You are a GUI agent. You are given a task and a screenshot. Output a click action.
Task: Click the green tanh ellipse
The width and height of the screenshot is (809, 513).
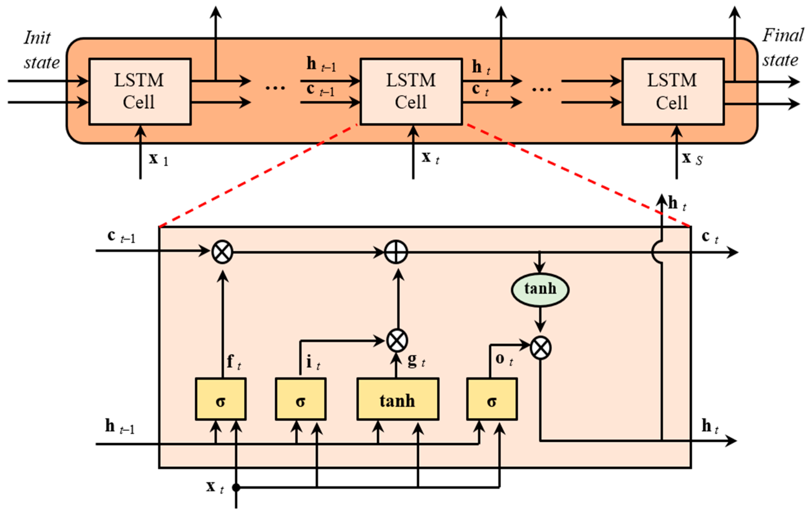(x=540, y=289)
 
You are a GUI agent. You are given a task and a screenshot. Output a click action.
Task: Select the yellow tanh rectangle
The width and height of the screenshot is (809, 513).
(x=397, y=399)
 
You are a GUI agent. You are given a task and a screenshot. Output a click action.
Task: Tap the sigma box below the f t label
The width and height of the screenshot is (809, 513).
(x=221, y=399)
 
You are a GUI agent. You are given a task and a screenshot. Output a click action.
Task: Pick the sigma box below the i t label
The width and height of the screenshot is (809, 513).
(x=300, y=399)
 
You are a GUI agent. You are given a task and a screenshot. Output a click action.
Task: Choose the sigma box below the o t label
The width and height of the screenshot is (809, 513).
(x=492, y=399)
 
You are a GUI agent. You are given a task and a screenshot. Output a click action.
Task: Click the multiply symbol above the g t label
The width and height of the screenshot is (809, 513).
(x=397, y=340)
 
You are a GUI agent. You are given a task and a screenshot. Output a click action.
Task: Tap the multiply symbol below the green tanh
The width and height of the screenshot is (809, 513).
(x=540, y=347)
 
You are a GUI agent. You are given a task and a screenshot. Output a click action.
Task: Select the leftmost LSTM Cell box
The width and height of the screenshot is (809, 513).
(x=140, y=91)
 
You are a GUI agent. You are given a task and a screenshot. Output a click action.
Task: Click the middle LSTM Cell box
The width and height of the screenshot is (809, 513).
(x=411, y=91)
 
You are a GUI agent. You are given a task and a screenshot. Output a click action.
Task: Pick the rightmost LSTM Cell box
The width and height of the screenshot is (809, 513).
(x=673, y=91)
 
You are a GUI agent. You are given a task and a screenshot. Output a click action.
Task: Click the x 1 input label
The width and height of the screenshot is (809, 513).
(x=158, y=159)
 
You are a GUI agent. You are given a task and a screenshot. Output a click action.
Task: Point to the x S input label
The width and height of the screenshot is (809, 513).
(x=692, y=159)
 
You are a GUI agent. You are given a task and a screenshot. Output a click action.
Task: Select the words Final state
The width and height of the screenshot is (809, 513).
(x=782, y=48)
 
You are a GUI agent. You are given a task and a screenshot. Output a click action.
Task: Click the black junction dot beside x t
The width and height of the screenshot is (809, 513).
(x=236, y=487)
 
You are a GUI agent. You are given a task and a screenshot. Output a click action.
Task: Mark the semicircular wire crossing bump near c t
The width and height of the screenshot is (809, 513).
(x=657, y=252)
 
